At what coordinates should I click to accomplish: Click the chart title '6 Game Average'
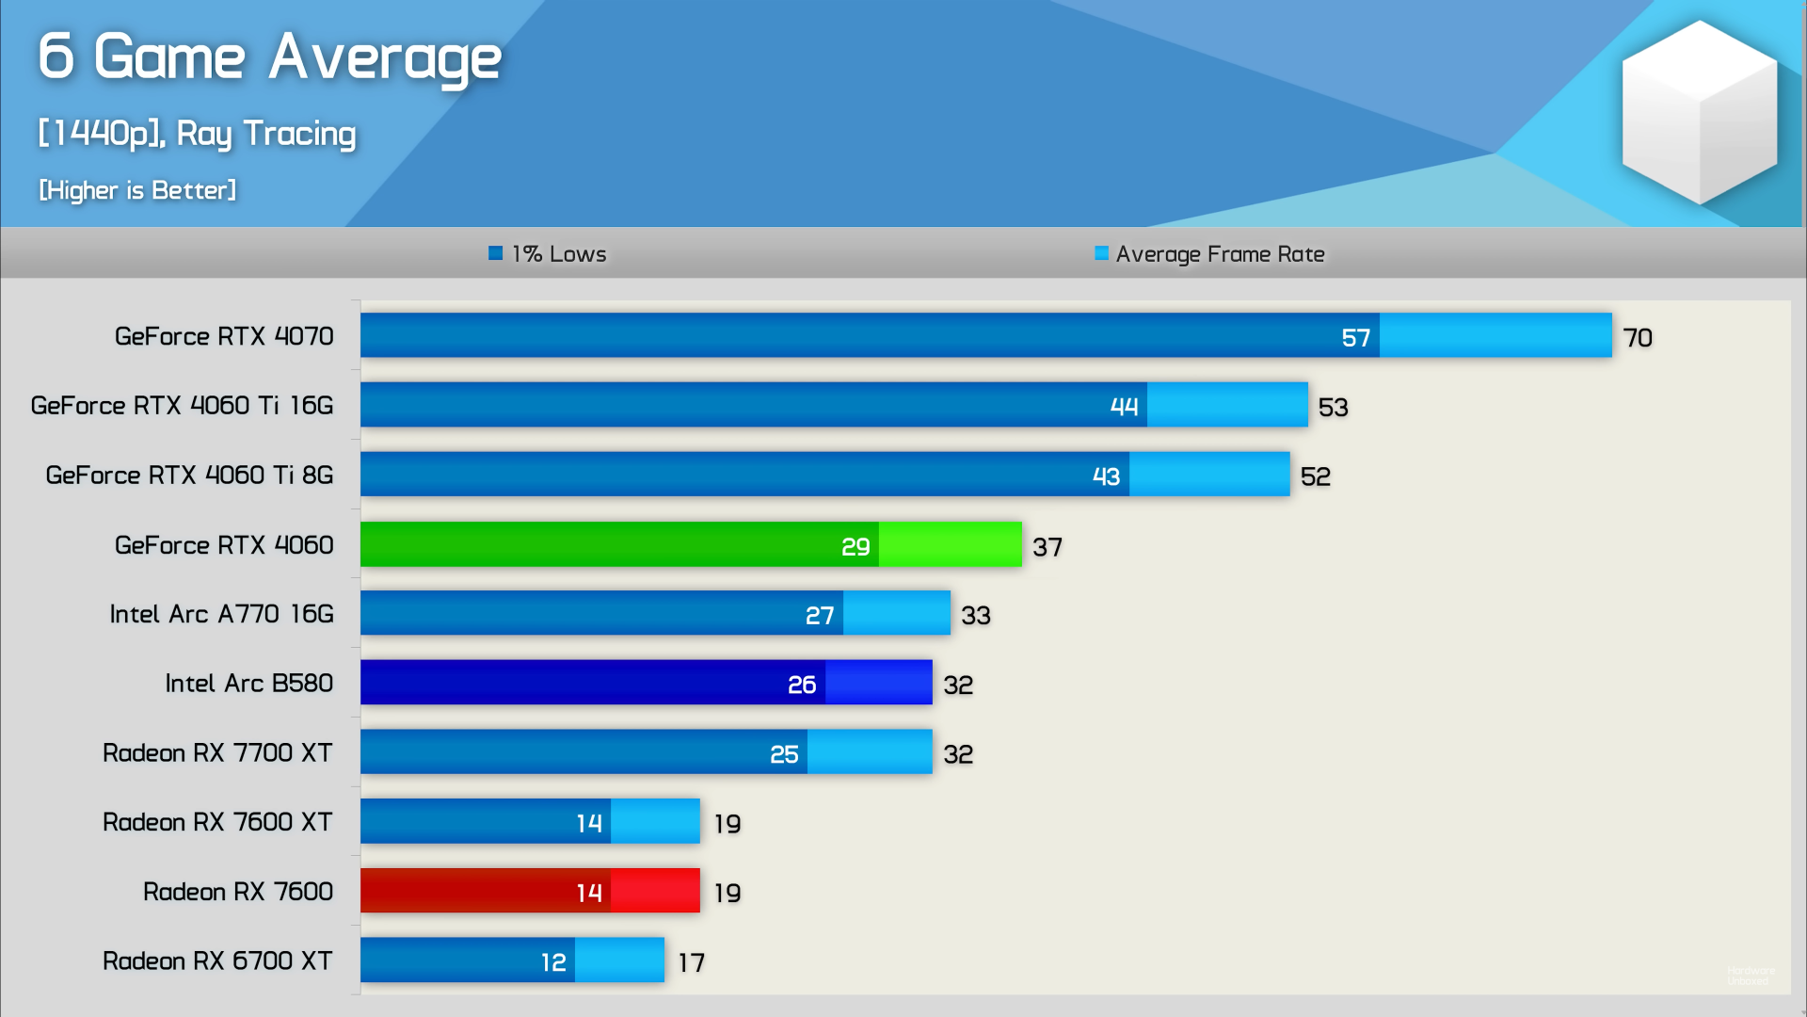[x=269, y=56]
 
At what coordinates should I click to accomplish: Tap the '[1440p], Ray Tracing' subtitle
[x=197, y=134]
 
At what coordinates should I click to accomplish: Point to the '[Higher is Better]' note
[x=137, y=190]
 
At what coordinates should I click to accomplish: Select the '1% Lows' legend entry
[x=548, y=254]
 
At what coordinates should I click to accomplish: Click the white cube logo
[x=1699, y=113]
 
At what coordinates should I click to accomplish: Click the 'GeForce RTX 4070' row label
[x=224, y=336]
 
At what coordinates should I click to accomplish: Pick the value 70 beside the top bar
[x=1638, y=338]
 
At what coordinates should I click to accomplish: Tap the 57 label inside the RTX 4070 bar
[x=1355, y=338]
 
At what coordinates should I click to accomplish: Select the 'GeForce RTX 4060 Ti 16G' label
[x=182, y=406]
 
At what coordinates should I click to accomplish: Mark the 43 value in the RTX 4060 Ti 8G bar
[x=1106, y=476]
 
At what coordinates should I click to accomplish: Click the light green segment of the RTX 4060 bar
[x=951, y=545]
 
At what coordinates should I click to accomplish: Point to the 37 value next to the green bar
[x=1047, y=547]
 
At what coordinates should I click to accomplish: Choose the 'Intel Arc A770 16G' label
[x=221, y=614]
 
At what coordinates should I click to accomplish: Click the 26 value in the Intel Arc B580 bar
[x=801, y=685]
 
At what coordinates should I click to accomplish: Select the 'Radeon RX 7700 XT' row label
[x=217, y=753]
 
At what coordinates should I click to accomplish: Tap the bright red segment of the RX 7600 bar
[x=655, y=891]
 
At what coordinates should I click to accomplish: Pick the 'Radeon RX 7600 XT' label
[x=217, y=822]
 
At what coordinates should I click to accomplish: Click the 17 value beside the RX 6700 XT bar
[x=692, y=962]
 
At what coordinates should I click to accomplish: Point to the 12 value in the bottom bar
[x=553, y=962]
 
